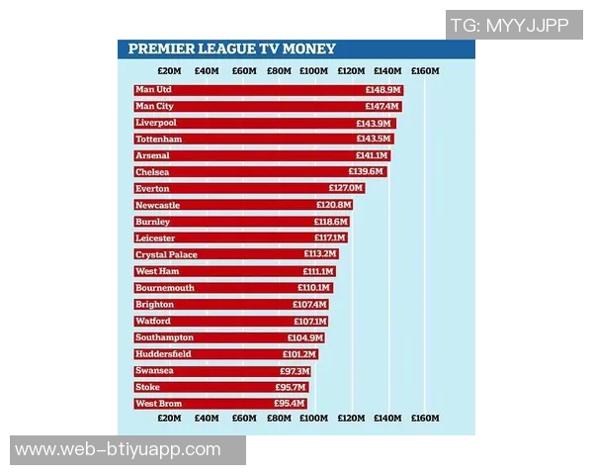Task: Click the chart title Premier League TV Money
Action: pyautogui.click(x=231, y=48)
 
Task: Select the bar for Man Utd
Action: pyautogui.click(x=267, y=90)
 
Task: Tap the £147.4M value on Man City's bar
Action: pyautogui.click(x=381, y=107)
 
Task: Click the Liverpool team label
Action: pyautogui.click(x=155, y=123)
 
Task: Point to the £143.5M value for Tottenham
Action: pyautogui.click(x=374, y=140)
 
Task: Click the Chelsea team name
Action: pyautogui.click(x=152, y=172)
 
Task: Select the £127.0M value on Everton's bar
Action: pyautogui.click(x=346, y=189)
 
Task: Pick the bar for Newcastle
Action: pyautogui.click(x=243, y=205)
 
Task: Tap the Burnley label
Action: pyautogui.click(x=152, y=222)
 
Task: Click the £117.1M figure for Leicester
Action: pyautogui.click(x=330, y=238)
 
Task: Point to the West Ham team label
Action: pyautogui.click(x=156, y=271)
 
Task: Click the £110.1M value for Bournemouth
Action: pyautogui.click(x=316, y=288)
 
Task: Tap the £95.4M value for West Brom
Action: pyautogui.click(x=290, y=404)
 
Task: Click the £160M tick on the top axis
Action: pyautogui.click(x=425, y=71)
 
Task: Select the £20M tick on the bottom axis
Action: pyautogui.click(x=169, y=419)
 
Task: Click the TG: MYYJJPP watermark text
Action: pyautogui.click(x=509, y=26)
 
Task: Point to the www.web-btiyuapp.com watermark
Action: pyautogui.click(x=118, y=450)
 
